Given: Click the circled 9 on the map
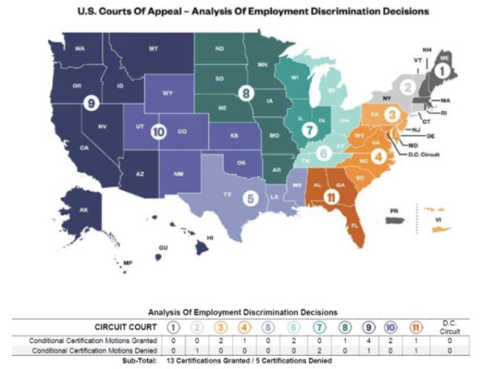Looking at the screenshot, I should (91, 103).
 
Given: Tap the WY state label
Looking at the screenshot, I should (168, 94).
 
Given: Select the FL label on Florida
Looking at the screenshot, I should (354, 223).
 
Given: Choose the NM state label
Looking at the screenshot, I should (178, 175).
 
